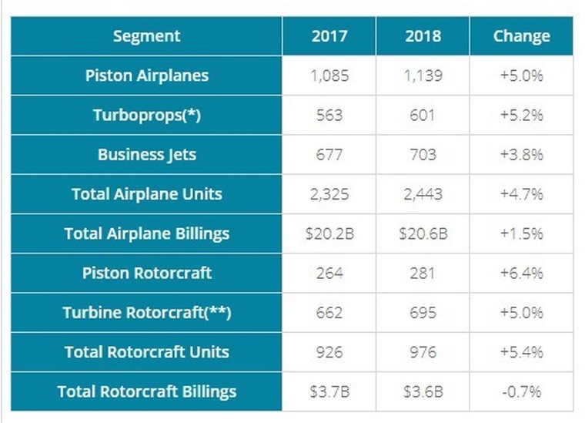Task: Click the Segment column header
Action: tap(146, 36)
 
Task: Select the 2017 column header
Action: tap(329, 36)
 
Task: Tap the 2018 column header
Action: tap(423, 36)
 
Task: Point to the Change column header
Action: tap(521, 36)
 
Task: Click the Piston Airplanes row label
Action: tap(146, 76)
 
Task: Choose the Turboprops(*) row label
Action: tap(146, 116)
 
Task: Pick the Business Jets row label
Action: tap(146, 155)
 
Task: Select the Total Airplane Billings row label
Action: tap(146, 233)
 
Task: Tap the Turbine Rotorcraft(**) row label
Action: tap(146, 313)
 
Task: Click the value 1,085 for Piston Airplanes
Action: tap(329, 76)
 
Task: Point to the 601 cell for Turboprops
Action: tap(423, 116)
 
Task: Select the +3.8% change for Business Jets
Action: tap(521, 155)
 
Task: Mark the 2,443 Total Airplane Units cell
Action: tap(423, 194)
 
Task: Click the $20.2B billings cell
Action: tap(329, 233)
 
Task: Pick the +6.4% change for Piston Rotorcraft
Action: tap(521, 274)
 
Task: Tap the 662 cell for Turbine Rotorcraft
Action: tap(329, 313)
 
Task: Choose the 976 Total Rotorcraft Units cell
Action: tap(423, 352)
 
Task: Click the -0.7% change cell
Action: tap(521, 391)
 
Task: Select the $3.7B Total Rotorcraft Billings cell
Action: tap(329, 391)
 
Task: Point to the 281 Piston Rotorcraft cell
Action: tap(423, 274)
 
